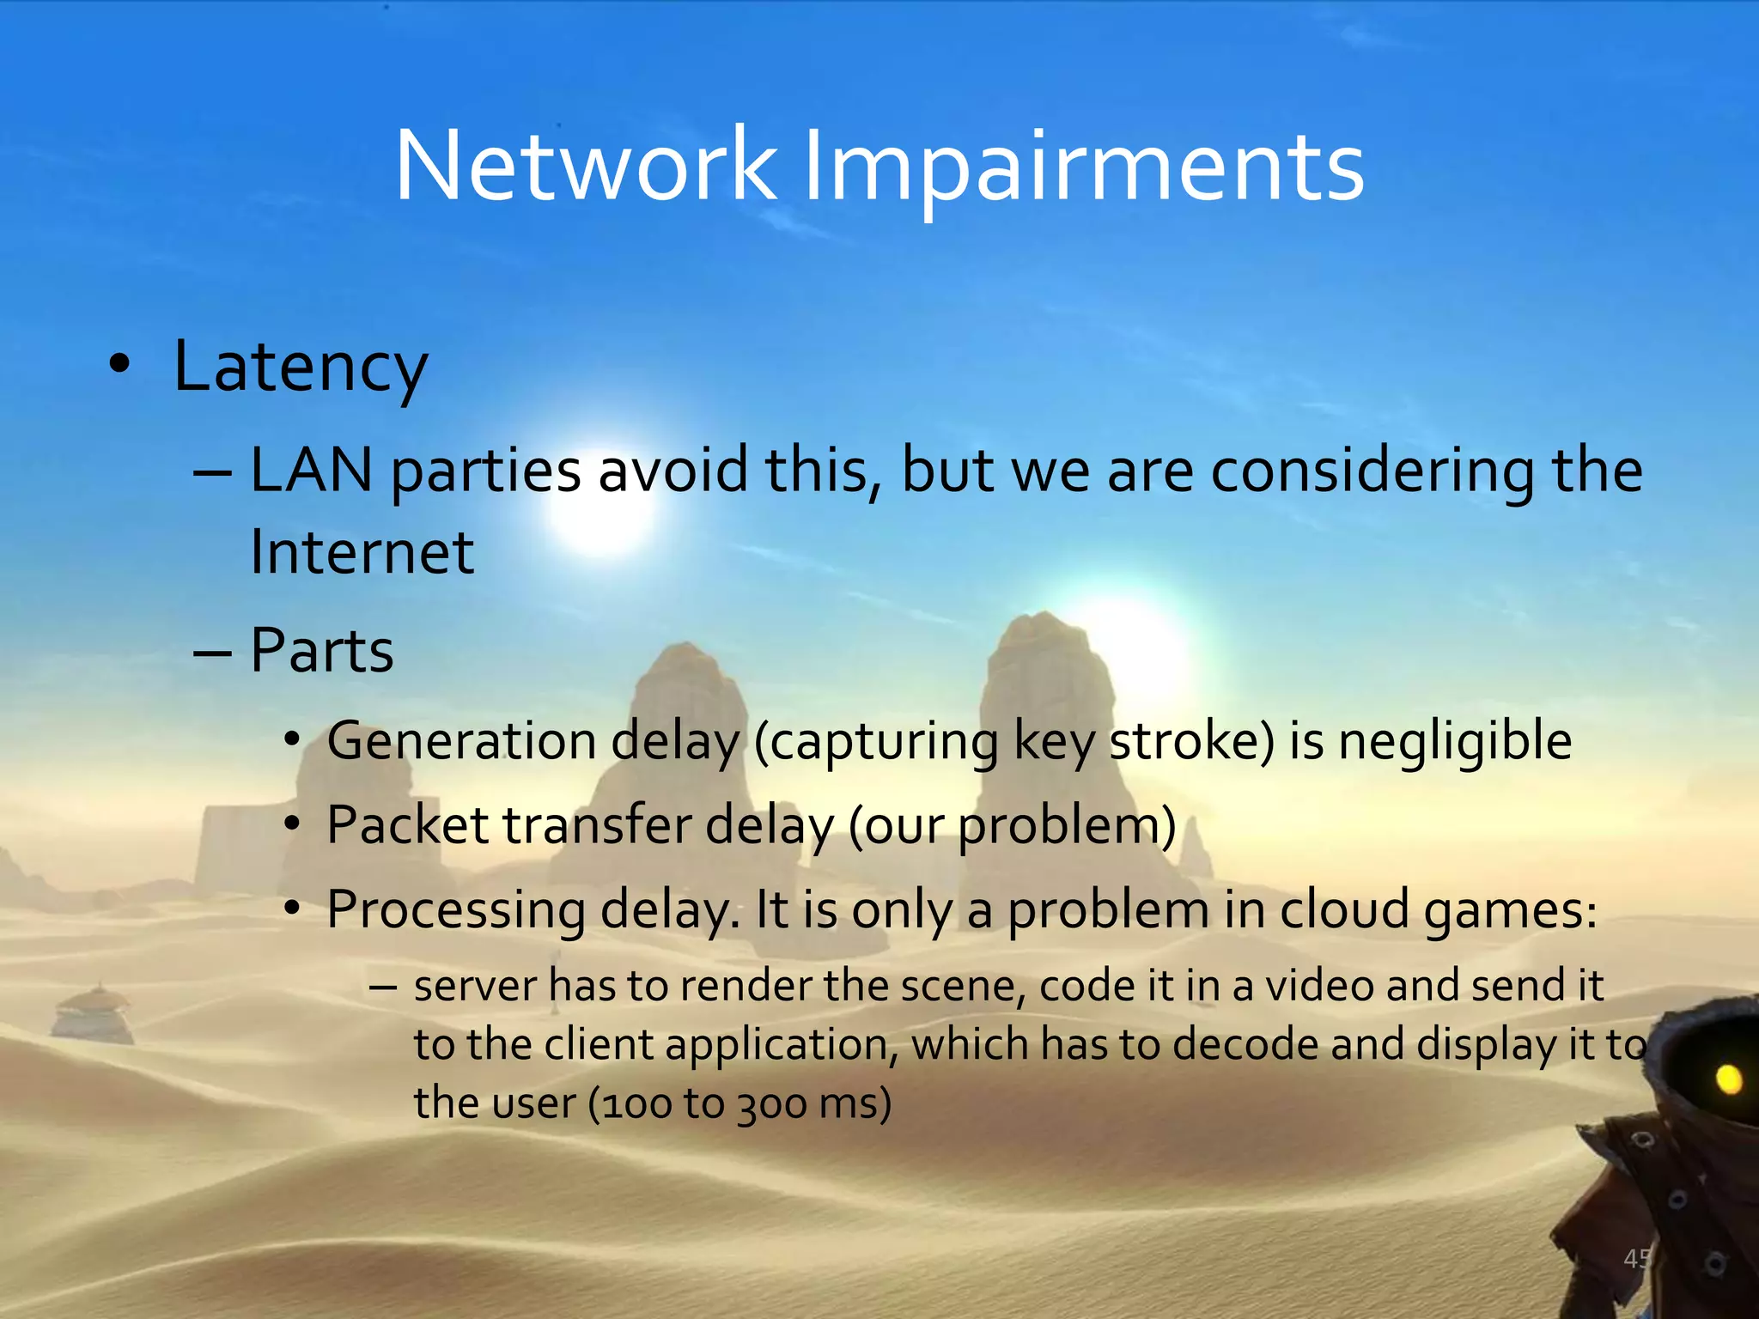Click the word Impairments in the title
pyautogui.click(x=1083, y=167)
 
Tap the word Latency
pyautogui.click(x=300, y=368)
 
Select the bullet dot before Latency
pyautogui.click(x=120, y=365)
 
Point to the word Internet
pyautogui.click(x=362, y=551)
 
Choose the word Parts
pyautogui.click(x=321, y=650)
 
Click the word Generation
pyautogui.click(x=461, y=740)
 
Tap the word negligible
pyautogui.click(x=1454, y=742)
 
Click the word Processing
pyautogui.click(x=455, y=910)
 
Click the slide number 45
pyautogui.click(x=1637, y=1259)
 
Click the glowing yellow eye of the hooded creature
pyautogui.click(x=1728, y=1079)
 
